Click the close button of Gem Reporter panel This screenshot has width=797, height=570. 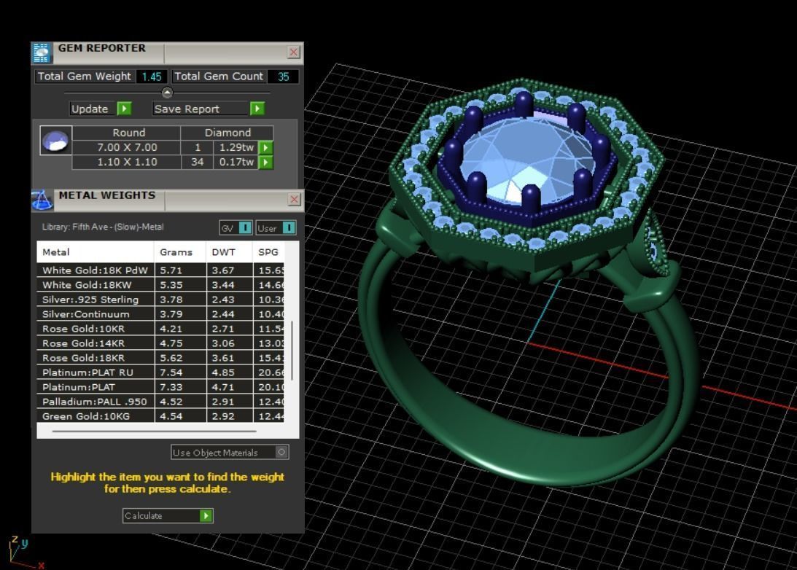pyautogui.click(x=294, y=52)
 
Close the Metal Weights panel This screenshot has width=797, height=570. pyautogui.click(x=294, y=199)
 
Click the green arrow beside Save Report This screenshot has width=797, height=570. pyautogui.click(x=257, y=109)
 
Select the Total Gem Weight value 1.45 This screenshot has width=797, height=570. pyautogui.click(x=152, y=77)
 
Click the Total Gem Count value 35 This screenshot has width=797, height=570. pyautogui.click(x=284, y=77)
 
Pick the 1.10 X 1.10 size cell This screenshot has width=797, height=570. pyautogui.click(x=127, y=162)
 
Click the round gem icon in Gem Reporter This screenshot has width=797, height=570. pyautogui.click(x=56, y=140)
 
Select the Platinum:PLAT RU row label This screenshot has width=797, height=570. pyautogui.click(x=88, y=372)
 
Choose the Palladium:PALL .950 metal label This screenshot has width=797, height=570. pyautogui.click(x=95, y=402)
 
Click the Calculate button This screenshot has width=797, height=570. pyautogui.click(x=168, y=515)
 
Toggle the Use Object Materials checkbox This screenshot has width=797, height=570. pyautogui.click(x=281, y=452)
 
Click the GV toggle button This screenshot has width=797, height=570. pyautogui.click(x=236, y=228)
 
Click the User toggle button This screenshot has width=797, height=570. pyautogui.click(x=276, y=228)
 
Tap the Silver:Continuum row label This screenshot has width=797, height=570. pyautogui.click(x=86, y=314)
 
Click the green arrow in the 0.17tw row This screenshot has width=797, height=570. pyautogui.click(x=266, y=162)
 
